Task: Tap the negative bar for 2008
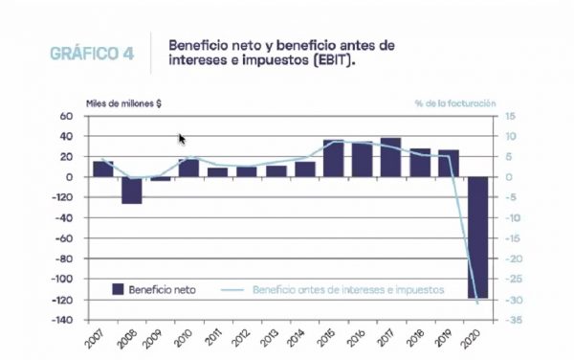131,190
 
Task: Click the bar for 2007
102,169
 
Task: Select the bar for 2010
188,168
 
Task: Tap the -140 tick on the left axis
59,320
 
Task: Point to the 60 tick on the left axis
67,116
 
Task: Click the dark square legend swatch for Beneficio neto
118,287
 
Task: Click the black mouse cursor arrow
182,139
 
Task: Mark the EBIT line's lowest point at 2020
477,304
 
